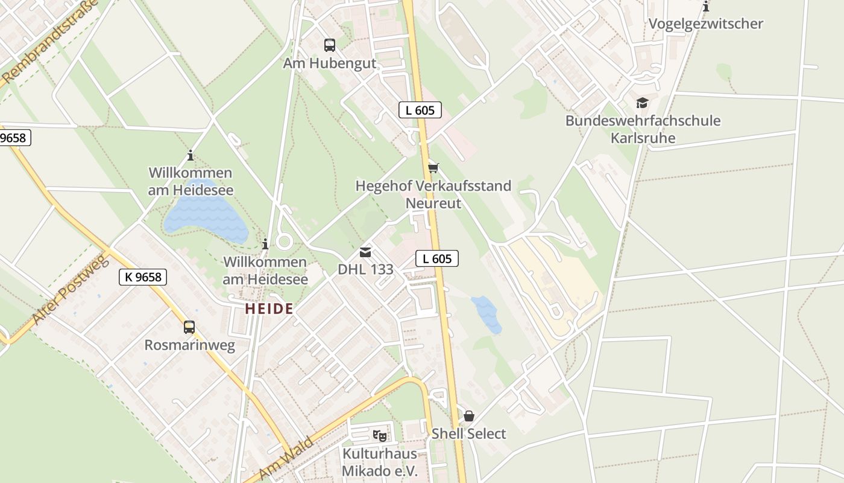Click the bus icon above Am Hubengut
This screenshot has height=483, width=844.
tap(329, 45)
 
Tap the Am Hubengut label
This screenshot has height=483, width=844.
tap(329, 63)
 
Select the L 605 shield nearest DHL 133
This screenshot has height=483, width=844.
tap(437, 259)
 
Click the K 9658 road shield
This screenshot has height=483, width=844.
tap(142, 277)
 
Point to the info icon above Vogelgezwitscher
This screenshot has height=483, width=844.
tap(706, 7)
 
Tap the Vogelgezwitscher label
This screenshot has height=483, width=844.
tap(706, 24)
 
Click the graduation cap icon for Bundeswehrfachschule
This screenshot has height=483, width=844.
tap(642, 103)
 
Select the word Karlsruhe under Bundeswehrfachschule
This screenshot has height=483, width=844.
tap(643, 138)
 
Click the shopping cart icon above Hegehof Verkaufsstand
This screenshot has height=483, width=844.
tap(433, 168)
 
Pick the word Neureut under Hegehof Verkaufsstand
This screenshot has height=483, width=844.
tap(433, 203)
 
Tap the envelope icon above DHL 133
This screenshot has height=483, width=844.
tap(365, 252)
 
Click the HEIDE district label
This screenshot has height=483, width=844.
tap(269, 309)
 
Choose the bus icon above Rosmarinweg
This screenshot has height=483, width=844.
tap(189, 327)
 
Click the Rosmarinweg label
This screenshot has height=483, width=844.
tap(189, 345)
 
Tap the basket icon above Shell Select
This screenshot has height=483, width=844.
tap(469, 416)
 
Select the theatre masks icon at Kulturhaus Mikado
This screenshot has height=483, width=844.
tap(379, 435)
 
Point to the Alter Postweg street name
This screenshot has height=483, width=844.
tap(70, 290)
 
